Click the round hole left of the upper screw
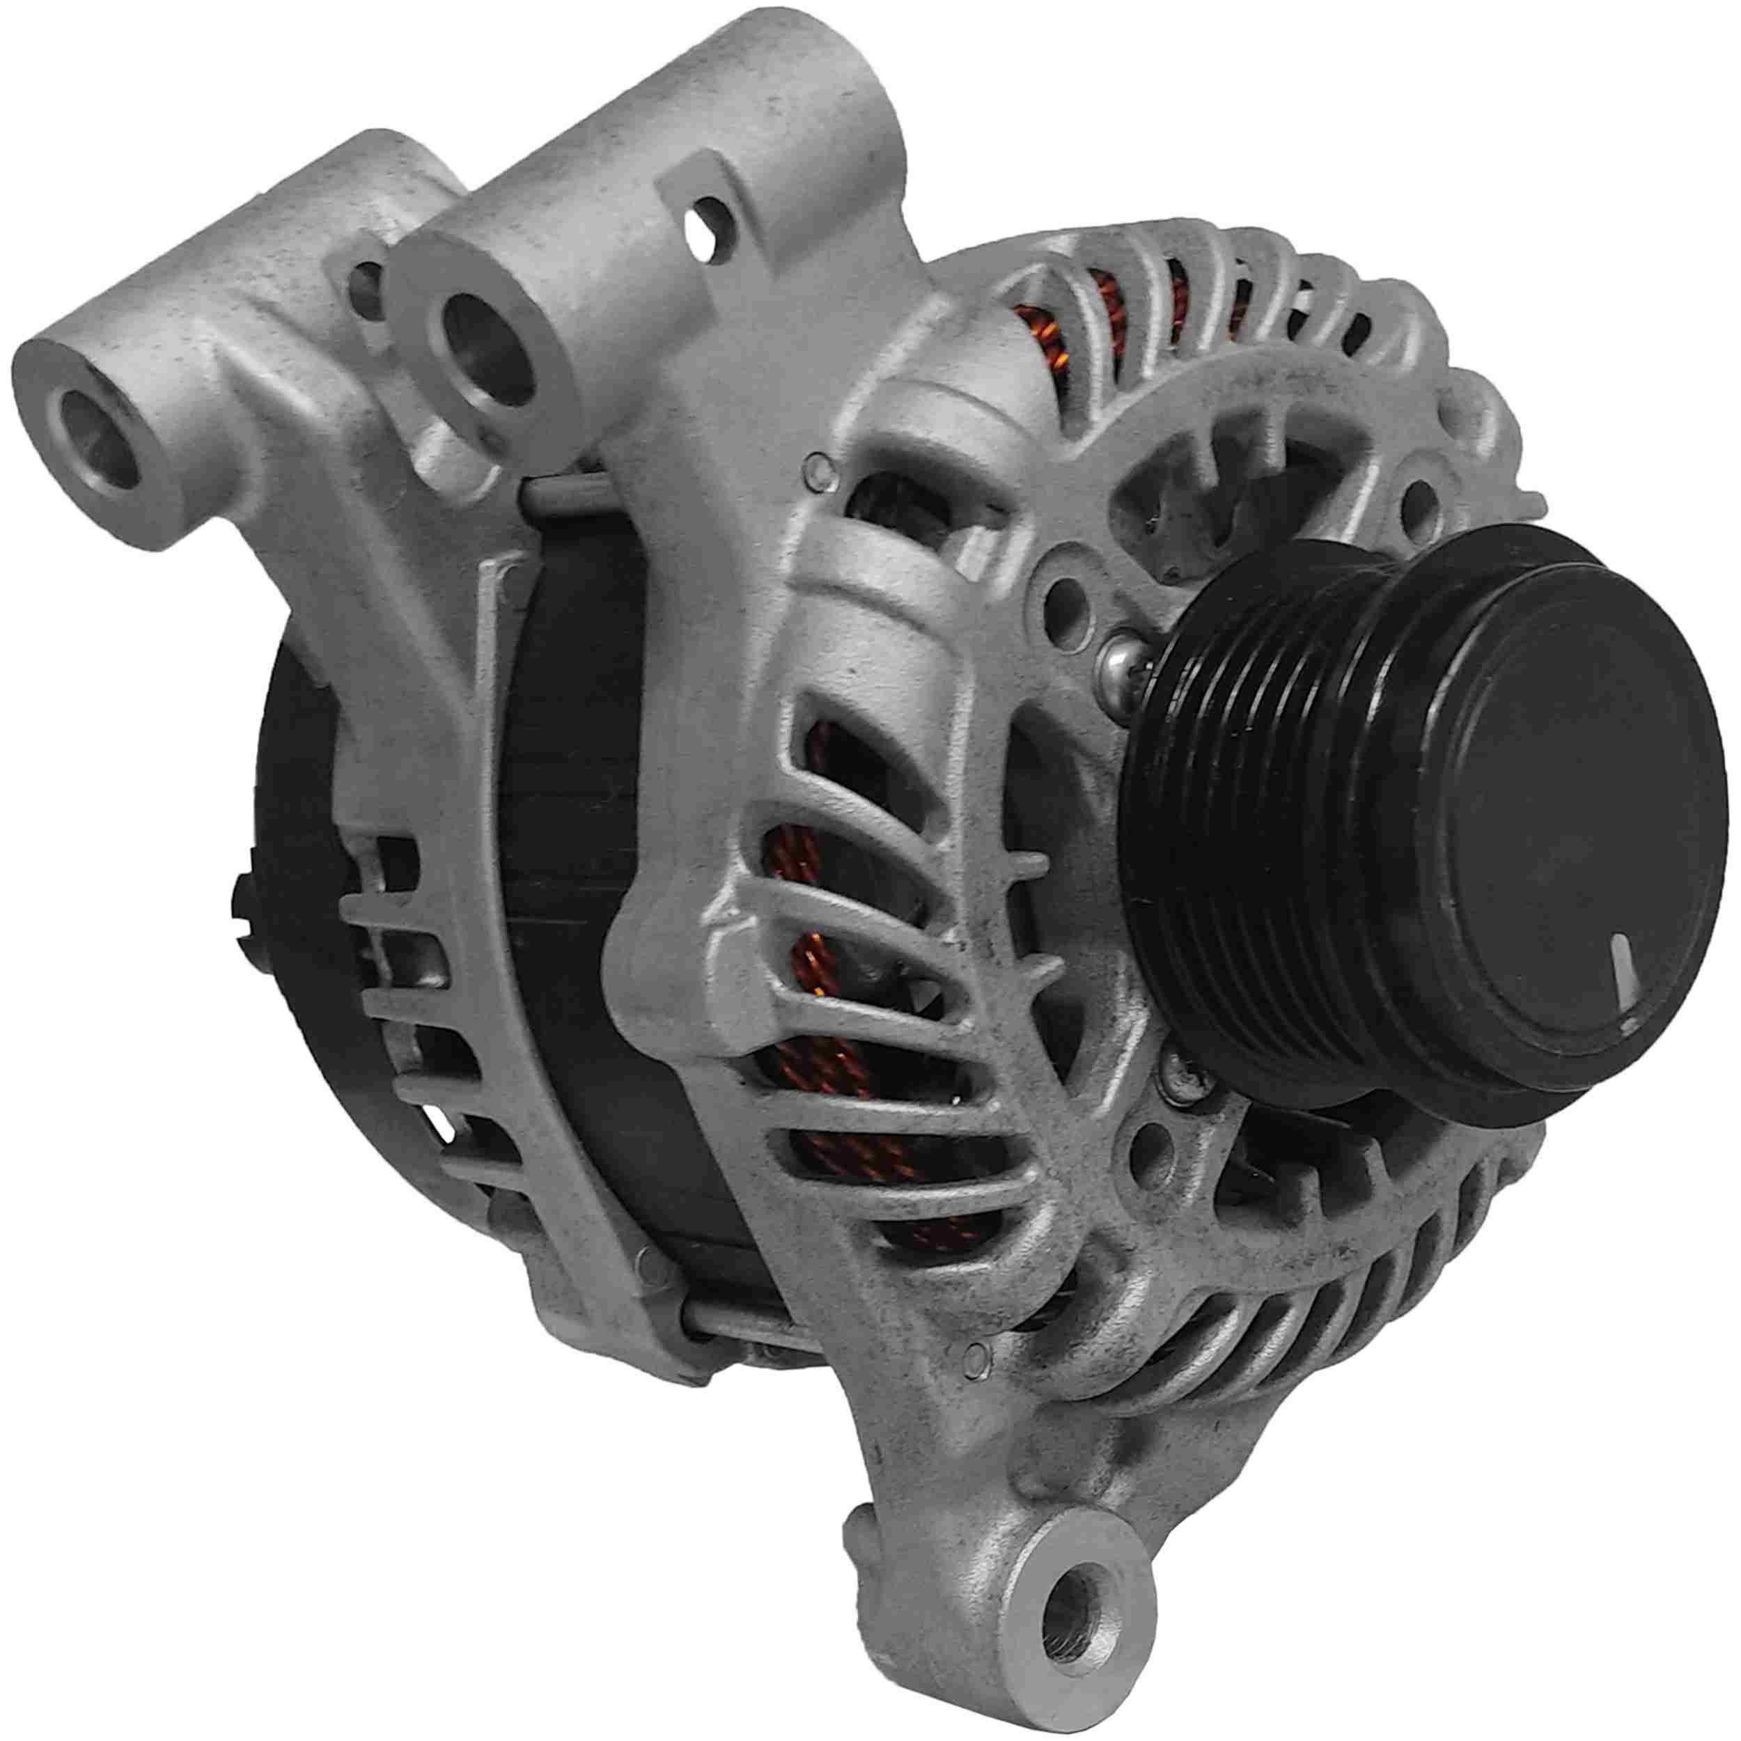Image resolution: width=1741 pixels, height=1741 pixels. coord(1069,595)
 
